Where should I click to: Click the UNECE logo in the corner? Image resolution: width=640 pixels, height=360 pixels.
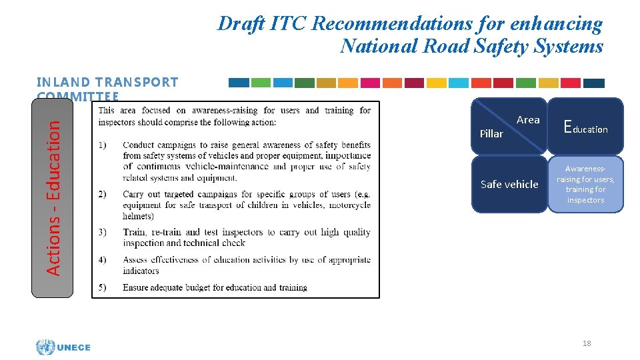click(63, 347)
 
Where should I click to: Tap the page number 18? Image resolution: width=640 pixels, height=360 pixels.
click(587, 343)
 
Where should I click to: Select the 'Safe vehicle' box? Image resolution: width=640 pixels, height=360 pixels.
click(509, 184)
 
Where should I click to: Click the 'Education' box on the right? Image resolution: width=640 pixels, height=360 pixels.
click(585, 126)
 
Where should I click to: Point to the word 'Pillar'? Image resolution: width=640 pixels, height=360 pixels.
click(491, 133)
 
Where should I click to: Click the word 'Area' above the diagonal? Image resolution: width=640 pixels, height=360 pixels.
click(528, 120)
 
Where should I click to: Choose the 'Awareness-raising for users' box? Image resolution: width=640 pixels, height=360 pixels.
click(585, 185)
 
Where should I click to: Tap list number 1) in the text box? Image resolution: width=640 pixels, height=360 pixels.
click(103, 145)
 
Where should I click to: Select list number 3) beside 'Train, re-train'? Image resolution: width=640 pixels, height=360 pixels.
click(103, 232)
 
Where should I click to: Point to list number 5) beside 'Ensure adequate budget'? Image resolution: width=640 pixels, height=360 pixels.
click(103, 287)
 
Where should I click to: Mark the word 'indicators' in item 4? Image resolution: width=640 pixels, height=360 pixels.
click(141, 271)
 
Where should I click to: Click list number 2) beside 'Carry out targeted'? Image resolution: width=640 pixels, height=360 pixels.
click(103, 195)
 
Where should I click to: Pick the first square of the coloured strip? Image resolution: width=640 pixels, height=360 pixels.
click(239, 83)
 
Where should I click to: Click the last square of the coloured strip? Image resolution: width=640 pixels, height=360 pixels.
click(593, 83)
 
